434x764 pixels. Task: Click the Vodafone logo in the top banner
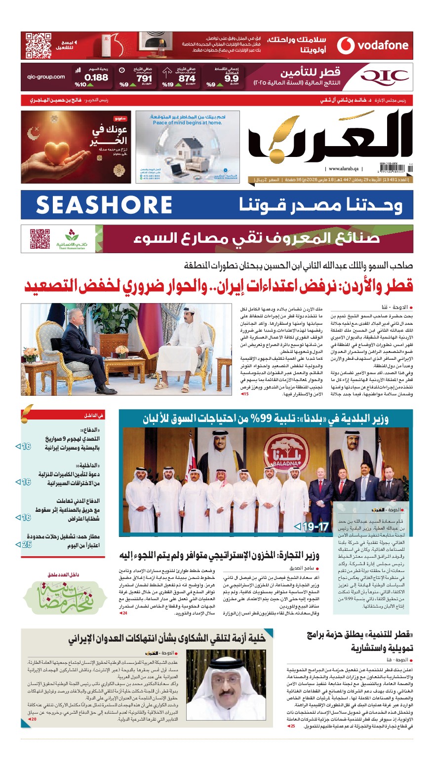pos(373,45)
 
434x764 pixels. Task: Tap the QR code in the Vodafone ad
pos(39,45)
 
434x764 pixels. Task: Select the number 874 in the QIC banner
pos(187,78)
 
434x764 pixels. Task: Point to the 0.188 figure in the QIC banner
pos(96,77)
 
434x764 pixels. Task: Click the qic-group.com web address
pos(46,76)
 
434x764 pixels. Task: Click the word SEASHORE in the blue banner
pos(104,205)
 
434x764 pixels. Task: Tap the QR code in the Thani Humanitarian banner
pos(39,239)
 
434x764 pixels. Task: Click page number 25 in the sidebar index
pos(27,544)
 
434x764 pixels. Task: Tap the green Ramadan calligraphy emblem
pos(67,597)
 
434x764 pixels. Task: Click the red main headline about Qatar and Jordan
pos(219,286)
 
